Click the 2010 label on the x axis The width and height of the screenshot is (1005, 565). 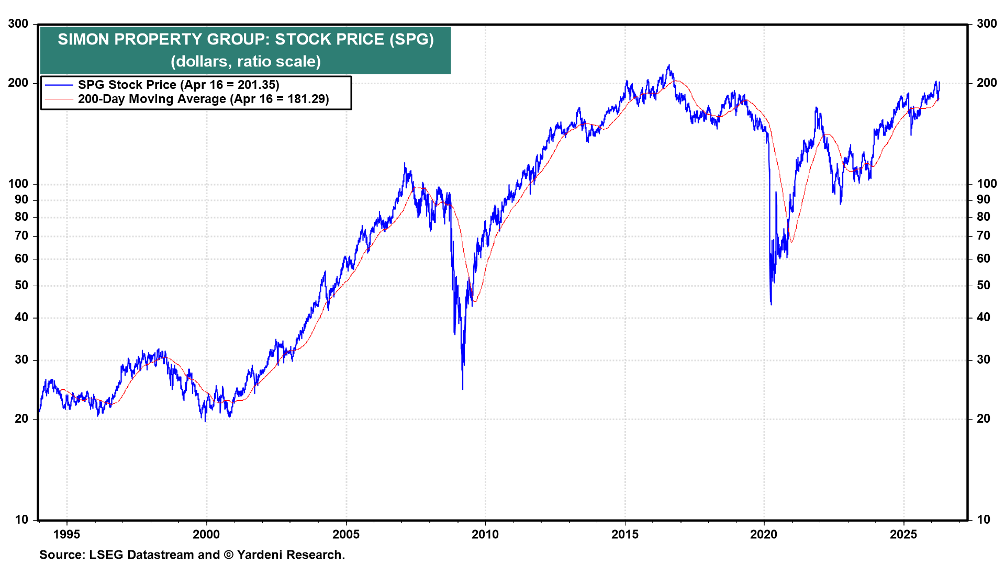[x=485, y=534]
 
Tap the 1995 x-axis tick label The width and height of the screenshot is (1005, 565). [x=66, y=534]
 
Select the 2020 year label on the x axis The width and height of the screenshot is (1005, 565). [x=764, y=534]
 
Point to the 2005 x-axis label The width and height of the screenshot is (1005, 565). [x=346, y=534]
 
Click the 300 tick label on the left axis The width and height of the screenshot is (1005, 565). [x=18, y=24]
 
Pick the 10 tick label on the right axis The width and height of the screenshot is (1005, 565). [x=983, y=519]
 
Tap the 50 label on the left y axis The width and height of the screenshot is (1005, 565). [x=21, y=286]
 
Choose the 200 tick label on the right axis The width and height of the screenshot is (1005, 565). [x=987, y=83]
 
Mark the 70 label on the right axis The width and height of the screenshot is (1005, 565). [x=984, y=236]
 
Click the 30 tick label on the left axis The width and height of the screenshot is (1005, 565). [x=21, y=360]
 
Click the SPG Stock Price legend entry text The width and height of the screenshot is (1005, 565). [x=178, y=85]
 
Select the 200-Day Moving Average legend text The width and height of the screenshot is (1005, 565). [x=204, y=99]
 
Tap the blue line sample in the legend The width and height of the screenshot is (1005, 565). [x=59, y=85]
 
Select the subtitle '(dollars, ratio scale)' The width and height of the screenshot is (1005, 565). [x=245, y=62]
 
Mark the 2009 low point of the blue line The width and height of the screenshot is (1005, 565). [x=463, y=389]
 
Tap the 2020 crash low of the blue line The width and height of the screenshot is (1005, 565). [x=771, y=304]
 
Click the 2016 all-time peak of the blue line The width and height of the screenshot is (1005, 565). [x=668, y=65]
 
